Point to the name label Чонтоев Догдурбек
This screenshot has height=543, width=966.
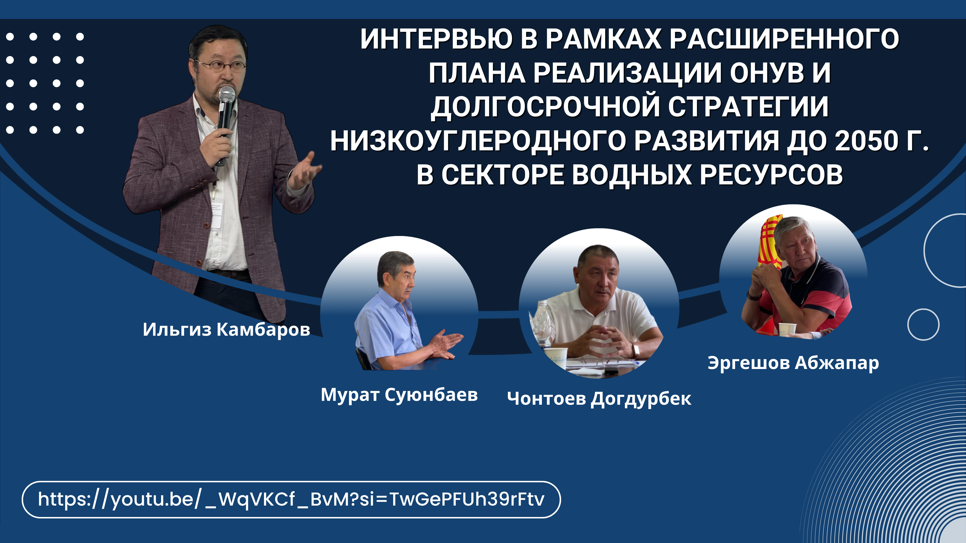(599, 399)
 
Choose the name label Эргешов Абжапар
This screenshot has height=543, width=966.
(793, 363)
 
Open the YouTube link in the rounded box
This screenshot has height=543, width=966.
(291, 500)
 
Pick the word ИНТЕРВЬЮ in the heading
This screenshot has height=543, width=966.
(436, 39)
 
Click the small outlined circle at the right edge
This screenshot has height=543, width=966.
(923, 325)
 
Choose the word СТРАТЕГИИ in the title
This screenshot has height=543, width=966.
(748, 107)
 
